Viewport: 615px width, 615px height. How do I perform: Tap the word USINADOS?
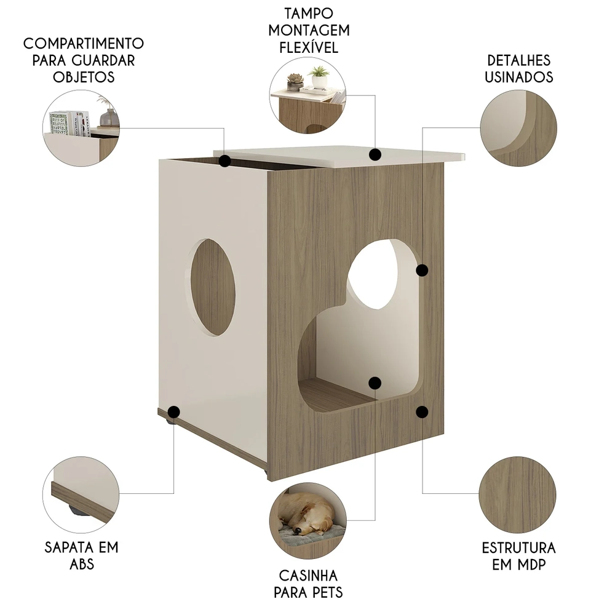coord(518,77)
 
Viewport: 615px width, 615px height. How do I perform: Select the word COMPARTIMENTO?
coord(84,44)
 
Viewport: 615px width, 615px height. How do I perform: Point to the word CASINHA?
coord(308,576)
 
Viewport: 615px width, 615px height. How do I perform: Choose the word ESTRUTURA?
coord(518,547)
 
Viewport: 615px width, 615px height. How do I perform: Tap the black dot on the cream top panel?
coord(376,154)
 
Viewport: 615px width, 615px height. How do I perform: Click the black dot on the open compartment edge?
coord(225,162)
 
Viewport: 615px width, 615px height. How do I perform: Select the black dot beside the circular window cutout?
coord(422,270)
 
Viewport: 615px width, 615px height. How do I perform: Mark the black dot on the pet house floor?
coord(375,383)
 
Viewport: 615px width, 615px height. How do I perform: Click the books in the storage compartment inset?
coord(68,122)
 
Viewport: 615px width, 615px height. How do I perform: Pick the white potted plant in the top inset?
coord(319,77)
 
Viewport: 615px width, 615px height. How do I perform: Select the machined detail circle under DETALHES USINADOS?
coord(518,129)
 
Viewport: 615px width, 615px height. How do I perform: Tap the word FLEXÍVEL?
coord(309,47)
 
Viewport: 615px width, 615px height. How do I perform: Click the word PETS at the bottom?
coord(308,592)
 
